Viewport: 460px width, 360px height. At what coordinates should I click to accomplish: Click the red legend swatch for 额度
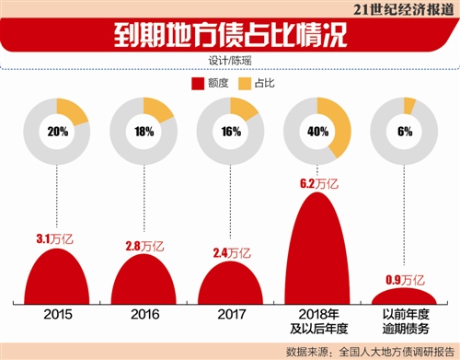tap(196, 84)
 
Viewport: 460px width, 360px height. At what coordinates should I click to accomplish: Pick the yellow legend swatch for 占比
tap(243, 84)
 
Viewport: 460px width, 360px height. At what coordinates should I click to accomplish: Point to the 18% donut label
tap(144, 131)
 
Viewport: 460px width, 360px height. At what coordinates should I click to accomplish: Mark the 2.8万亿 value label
tap(143, 246)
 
